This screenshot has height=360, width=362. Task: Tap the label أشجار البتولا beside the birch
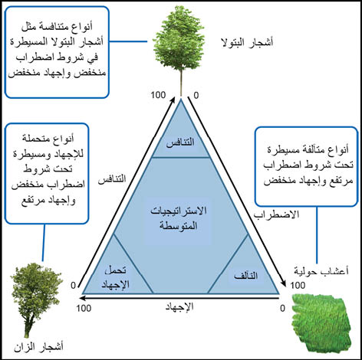coord(247,42)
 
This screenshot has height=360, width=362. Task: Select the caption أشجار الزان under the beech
coord(38,347)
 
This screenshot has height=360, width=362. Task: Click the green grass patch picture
coord(322,324)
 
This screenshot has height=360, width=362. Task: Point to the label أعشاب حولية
coord(321,271)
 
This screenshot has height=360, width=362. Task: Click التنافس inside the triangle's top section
coord(180,142)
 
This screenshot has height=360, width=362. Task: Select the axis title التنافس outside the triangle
coord(112,178)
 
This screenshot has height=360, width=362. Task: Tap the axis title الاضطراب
coord(276,214)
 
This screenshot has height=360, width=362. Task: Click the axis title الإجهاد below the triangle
coord(179,306)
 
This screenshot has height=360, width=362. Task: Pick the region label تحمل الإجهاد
coord(116,277)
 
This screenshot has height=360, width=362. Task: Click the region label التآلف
coord(246,276)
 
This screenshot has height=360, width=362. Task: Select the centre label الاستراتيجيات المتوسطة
coord(179,218)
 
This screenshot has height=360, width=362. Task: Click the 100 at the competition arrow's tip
coord(158,95)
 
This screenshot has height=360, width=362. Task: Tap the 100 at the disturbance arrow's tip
coord(298,285)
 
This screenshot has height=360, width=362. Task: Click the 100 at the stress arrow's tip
coord(84,308)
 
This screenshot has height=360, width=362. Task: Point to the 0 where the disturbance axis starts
coord(196,96)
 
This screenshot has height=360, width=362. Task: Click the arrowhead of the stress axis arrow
coord(82,298)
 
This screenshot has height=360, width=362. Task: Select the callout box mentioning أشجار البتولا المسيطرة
coord(57,52)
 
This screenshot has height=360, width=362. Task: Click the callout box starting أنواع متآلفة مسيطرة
coord(306,166)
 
